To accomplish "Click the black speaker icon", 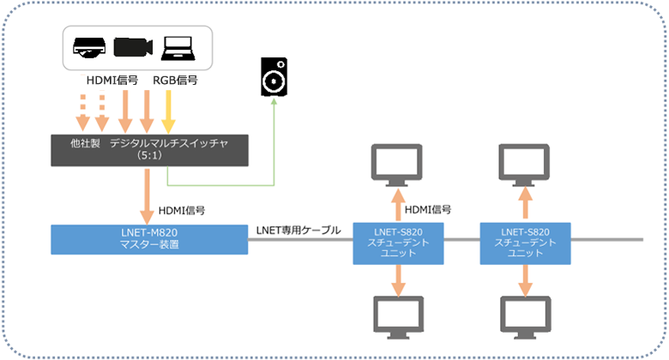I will point(274,78).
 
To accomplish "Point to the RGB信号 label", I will point(176,81).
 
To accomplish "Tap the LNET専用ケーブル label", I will point(298,229).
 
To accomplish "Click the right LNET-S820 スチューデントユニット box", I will point(523,238).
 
